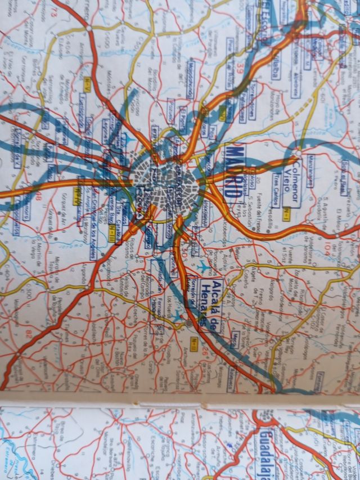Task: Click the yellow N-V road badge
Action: point(88,84)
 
